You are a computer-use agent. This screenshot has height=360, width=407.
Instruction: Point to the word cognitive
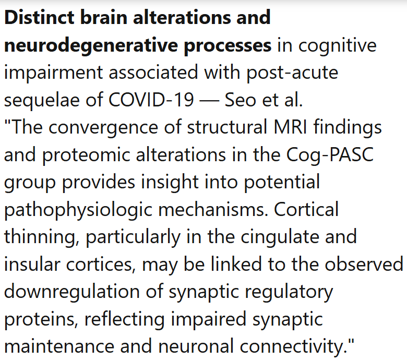(337, 45)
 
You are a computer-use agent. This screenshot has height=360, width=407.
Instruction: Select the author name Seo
(240, 100)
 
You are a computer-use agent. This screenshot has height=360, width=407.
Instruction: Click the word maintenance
(62, 346)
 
